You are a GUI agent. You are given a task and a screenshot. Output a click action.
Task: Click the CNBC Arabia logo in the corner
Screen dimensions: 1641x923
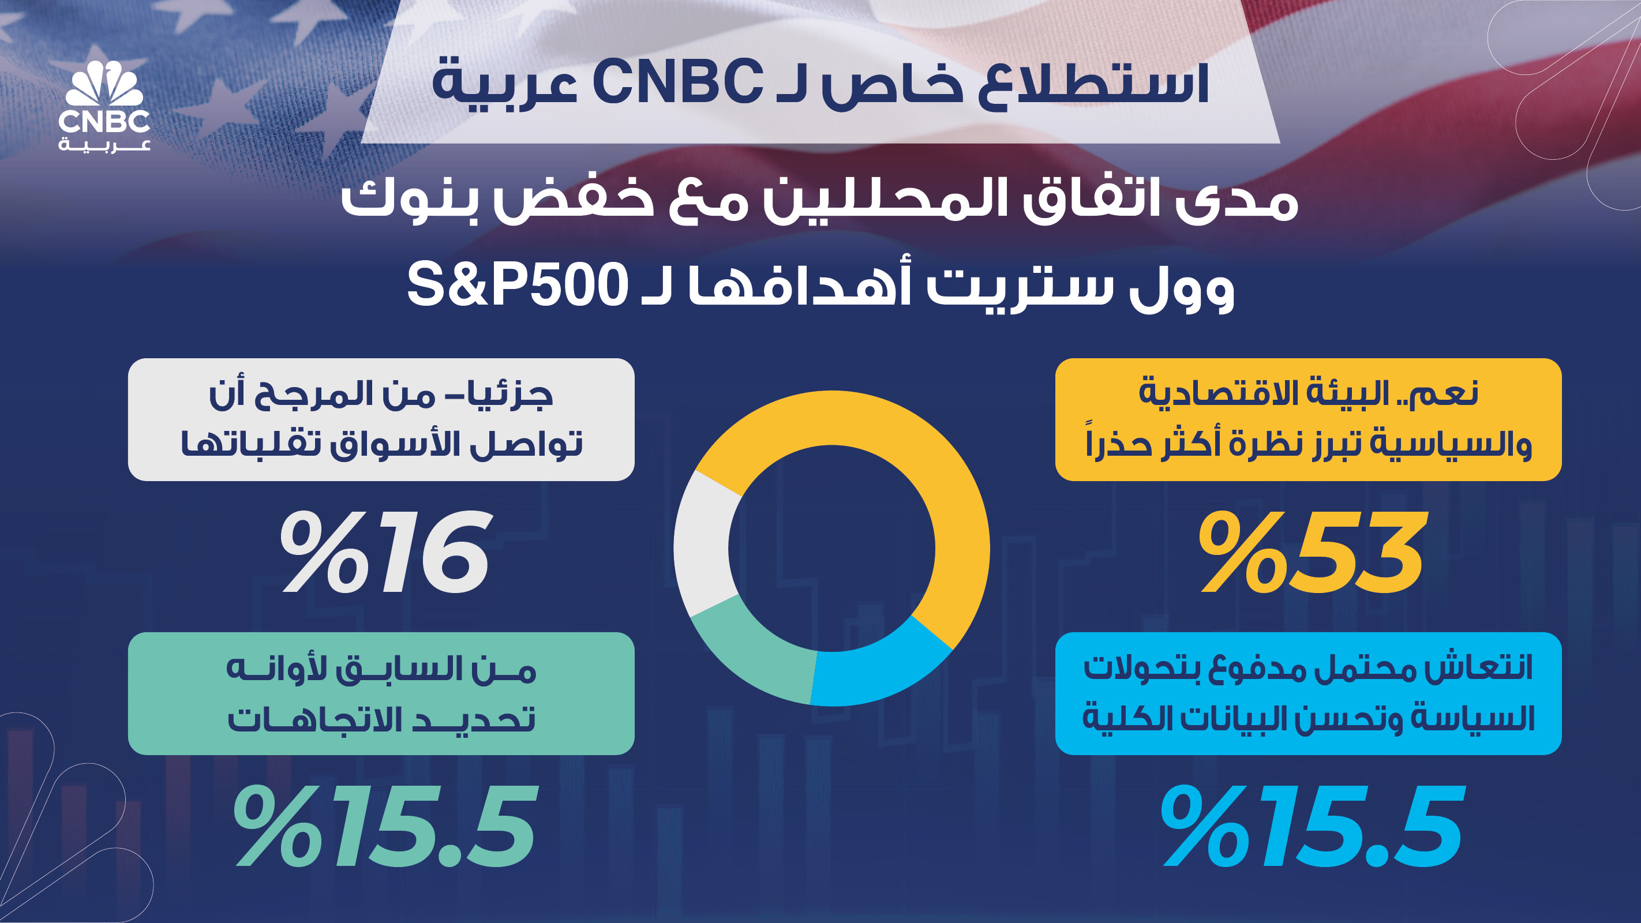point(104,106)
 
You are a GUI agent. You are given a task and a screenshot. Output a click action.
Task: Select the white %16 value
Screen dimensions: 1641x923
point(385,551)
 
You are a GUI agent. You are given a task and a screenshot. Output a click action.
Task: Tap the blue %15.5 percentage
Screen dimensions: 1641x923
point(1312,826)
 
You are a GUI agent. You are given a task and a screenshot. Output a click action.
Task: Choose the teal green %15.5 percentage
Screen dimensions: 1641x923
point(385,826)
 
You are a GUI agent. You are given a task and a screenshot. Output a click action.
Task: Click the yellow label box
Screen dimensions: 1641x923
point(1309,419)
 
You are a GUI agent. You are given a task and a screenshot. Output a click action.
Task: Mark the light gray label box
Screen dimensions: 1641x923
point(381,419)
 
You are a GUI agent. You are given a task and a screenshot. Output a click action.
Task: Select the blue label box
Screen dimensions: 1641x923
point(1309,693)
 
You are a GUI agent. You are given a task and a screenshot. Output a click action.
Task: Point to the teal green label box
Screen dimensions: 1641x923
point(381,693)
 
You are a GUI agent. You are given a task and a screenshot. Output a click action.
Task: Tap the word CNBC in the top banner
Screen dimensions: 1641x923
point(677,81)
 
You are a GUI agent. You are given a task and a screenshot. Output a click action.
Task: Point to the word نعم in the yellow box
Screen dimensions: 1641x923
point(1446,393)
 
